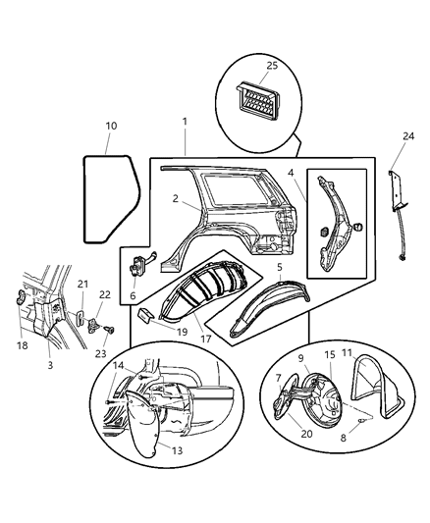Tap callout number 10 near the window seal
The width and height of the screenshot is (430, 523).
point(111,126)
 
